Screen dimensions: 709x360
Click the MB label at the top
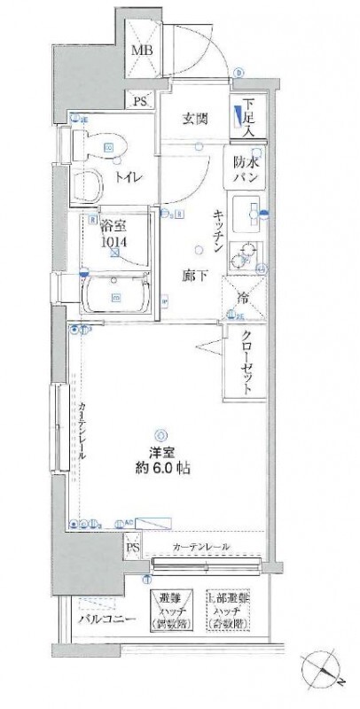pyautogui.click(x=142, y=51)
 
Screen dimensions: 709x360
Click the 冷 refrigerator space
pyautogui.click(x=241, y=297)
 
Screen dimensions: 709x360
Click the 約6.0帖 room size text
pyautogui.click(x=160, y=466)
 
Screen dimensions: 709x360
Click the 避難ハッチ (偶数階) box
pyautogui.click(x=173, y=612)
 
